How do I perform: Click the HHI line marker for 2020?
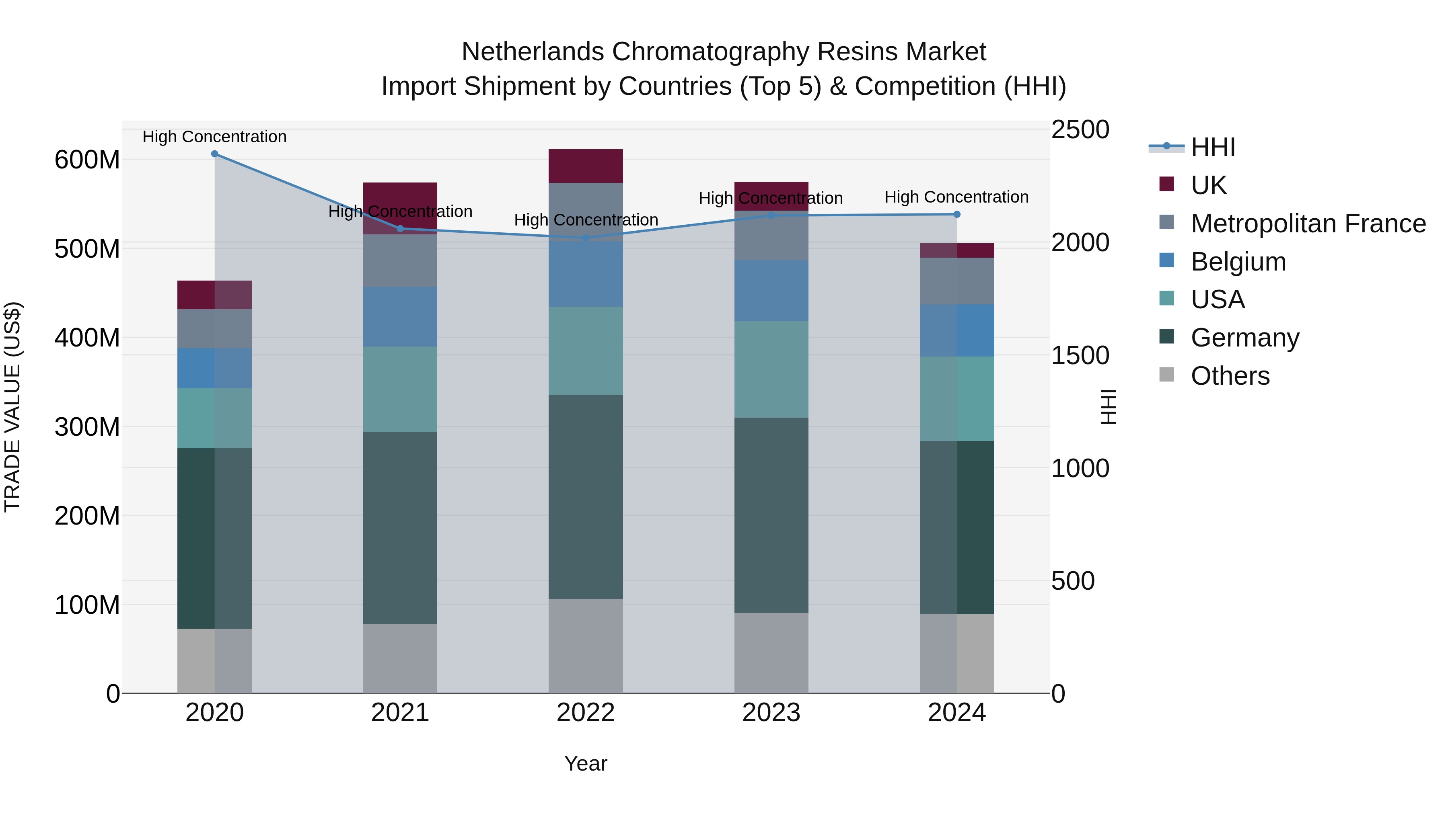pos(215,154)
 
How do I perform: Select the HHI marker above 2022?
pos(586,238)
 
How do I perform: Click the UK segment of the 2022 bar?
pos(586,166)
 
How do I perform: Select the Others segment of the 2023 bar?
pos(771,653)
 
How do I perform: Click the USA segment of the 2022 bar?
pos(586,351)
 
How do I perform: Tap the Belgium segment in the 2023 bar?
pos(771,291)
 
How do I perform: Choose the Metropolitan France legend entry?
pos(1308,223)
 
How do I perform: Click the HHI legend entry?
pos(1212,147)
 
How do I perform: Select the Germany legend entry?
pos(1244,338)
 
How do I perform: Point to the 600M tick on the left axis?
pos(87,160)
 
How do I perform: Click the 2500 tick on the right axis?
pos(1080,130)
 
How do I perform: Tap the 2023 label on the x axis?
pos(771,713)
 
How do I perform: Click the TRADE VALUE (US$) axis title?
pos(13,407)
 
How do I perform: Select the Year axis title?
pos(586,763)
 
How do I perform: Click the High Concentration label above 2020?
pos(215,137)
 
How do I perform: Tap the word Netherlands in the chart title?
pos(532,52)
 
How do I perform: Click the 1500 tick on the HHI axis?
pos(1080,356)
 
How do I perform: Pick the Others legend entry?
pos(1230,376)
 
